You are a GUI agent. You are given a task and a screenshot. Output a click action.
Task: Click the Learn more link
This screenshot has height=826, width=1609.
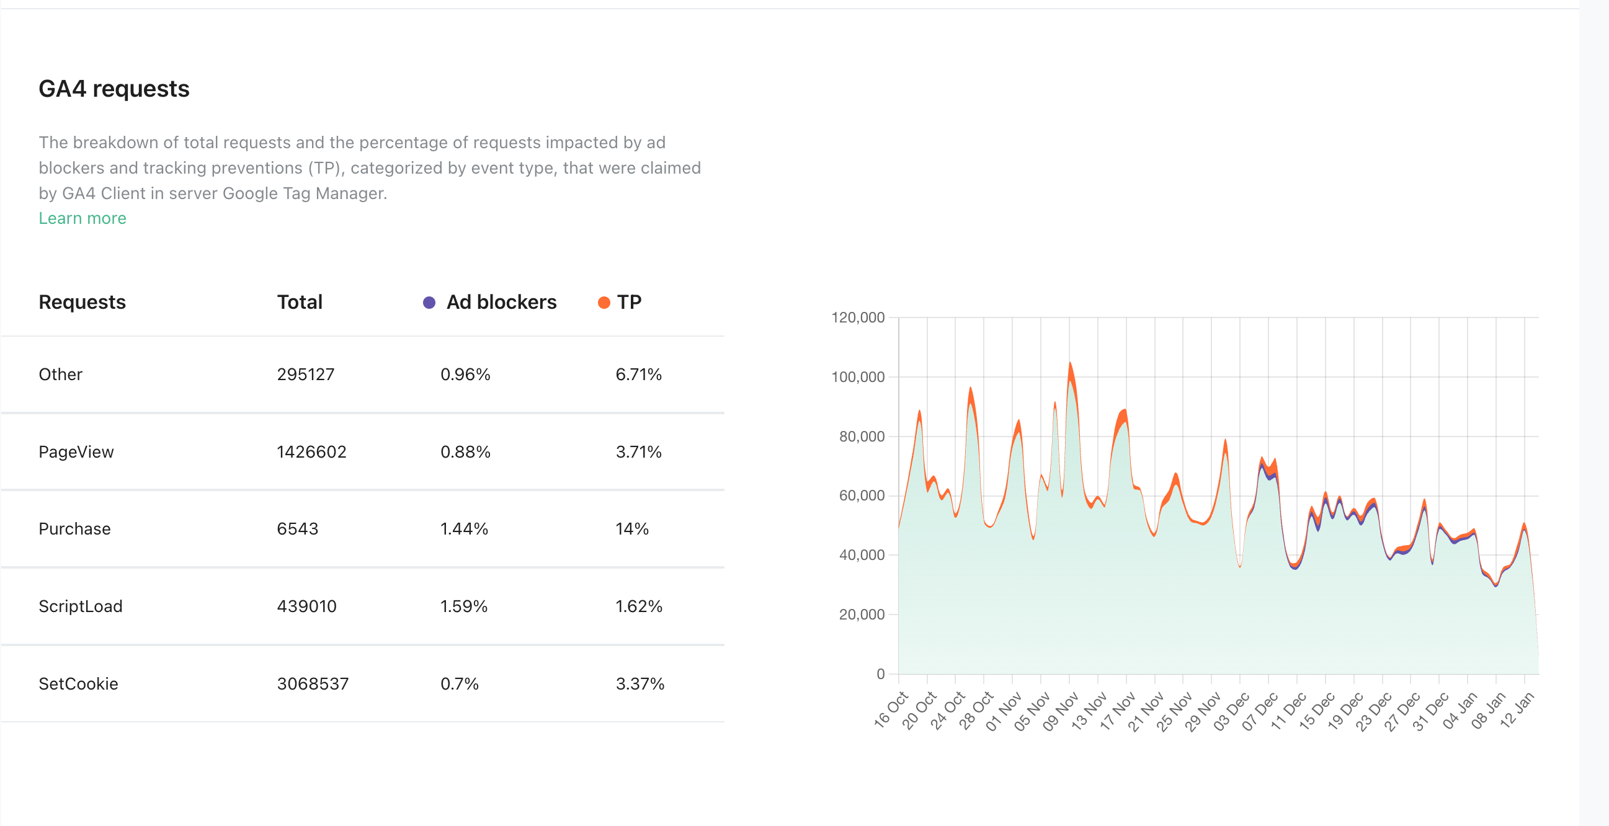point(82,218)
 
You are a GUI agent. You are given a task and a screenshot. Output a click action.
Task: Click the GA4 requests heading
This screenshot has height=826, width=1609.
point(114,89)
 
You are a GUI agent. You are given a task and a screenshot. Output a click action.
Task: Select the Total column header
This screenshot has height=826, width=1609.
point(300,302)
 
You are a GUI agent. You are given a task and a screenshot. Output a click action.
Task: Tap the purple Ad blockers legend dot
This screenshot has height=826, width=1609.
point(429,303)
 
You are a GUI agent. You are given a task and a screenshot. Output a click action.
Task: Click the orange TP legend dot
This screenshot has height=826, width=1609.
point(604,303)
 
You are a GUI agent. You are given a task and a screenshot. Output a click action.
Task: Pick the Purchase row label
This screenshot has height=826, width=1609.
point(74,529)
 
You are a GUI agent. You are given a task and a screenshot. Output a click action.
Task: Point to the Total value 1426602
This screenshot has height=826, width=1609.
point(311,451)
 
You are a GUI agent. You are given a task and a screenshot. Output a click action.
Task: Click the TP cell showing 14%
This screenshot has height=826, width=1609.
point(631,529)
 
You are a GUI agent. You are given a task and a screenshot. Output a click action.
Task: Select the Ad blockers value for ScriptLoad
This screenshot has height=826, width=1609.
point(463,606)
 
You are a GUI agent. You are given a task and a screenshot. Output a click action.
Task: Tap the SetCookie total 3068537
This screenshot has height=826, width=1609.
point(312,683)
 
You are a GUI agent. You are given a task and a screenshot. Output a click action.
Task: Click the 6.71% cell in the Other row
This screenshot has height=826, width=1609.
point(638,374)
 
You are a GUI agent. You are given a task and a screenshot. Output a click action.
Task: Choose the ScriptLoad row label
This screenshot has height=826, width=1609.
point(80,606)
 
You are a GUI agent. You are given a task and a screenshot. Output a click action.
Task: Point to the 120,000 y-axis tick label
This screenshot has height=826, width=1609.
point(858,317)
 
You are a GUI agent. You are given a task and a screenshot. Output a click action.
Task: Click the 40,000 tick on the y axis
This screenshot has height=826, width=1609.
point(862,554)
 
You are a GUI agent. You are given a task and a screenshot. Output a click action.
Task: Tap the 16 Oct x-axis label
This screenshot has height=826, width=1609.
point(891,711)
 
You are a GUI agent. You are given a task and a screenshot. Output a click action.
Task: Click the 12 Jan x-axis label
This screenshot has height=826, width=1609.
point(1517,711)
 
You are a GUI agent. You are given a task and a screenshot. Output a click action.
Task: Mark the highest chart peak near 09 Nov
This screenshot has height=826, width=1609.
point(1070,363)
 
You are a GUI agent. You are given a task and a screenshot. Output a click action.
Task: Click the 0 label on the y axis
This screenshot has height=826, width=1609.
point(880,673)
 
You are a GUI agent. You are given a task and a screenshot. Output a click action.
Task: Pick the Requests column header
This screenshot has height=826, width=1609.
point(82,302)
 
